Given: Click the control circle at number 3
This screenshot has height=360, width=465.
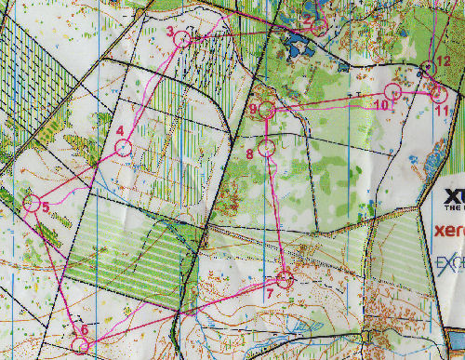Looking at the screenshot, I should (182, 39).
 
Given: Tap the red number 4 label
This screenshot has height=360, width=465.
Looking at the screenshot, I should (120, 130).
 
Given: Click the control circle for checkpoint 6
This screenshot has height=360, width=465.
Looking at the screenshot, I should (80, 345).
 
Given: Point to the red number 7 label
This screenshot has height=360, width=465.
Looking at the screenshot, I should (270, 294).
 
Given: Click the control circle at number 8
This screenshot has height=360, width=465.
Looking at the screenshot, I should (267, 147).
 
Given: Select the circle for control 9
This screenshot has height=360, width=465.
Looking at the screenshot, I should (267, 111).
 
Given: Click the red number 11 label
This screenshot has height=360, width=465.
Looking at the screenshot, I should (442, 111).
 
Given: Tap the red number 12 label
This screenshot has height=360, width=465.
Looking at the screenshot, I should (444, 61).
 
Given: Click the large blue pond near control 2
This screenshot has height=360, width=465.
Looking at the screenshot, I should (300, 43).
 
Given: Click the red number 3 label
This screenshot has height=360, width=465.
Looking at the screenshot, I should (170, 33).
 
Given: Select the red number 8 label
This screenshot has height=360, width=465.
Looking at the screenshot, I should (249, 153).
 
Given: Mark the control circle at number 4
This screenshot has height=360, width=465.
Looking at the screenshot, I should (125, 148).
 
